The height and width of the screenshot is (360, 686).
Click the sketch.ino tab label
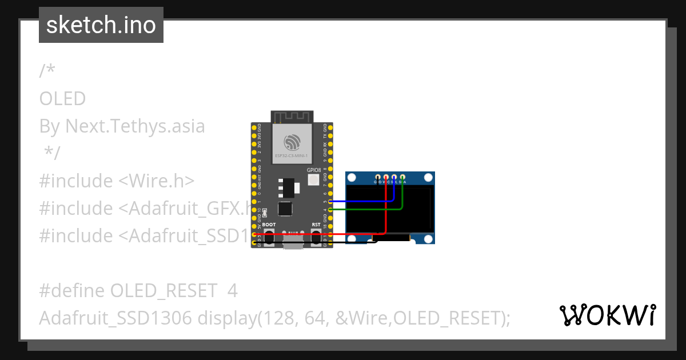[x=101, y=25]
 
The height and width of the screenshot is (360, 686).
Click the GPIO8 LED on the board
[x=313, y=180]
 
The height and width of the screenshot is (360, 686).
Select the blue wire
[x=360, y=201]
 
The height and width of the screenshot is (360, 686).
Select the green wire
[x=366, y=210]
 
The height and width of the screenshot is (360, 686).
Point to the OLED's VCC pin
[x=386, y=177]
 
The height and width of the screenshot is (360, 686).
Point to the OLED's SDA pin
[x=402, y=177]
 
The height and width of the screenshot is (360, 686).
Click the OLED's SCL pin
[x=394, y=177]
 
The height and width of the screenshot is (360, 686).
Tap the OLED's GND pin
[x=377, y=177]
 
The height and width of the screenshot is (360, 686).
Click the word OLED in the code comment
[x=62, y=99]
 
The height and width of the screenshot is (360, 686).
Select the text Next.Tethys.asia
[x=135, y=126]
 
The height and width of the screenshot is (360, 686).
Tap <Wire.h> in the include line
[x=157, y=181]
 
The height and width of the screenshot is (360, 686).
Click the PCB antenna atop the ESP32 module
[x=292, y=117]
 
